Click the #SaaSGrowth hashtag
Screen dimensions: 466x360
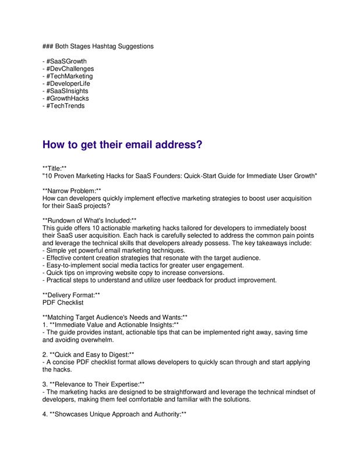point(66,61)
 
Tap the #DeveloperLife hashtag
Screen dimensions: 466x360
point(68,84)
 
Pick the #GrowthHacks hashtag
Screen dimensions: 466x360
point(68,98)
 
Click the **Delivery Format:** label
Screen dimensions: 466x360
point(71,295)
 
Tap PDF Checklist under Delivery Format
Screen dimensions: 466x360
point(63,303)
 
